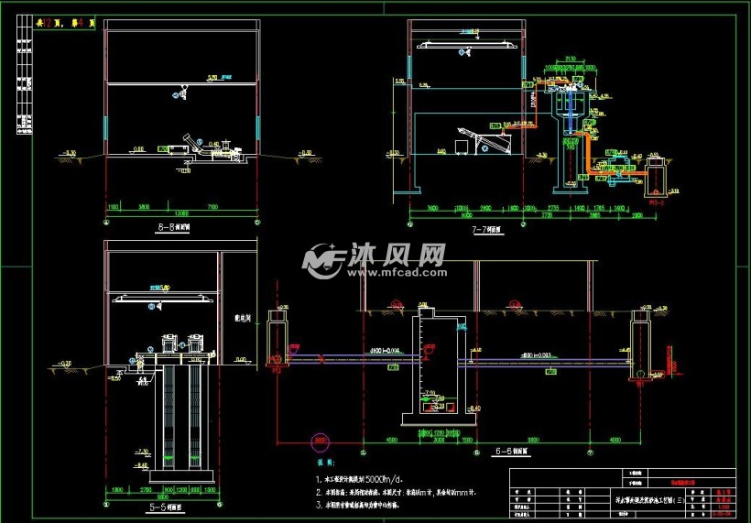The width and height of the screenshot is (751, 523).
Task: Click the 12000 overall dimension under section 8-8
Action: (x=182, y=214)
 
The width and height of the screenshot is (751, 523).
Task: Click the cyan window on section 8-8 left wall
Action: (x=106, y=128)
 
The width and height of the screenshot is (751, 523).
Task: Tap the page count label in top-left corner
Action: (x=64, y=25)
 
